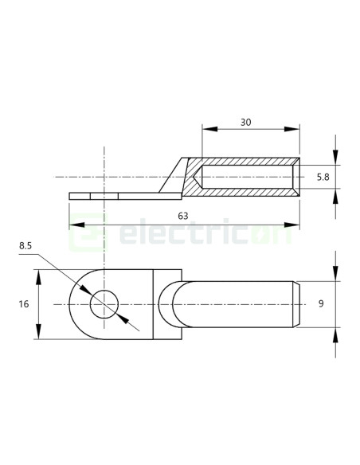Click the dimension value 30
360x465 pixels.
pos(245,123)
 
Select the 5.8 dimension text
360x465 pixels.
pos(323,177)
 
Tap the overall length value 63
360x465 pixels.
pos(183,216)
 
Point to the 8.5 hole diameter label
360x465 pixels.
pos(25,247)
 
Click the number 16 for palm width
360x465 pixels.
pos(23,304)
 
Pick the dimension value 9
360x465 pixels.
pos(322,303)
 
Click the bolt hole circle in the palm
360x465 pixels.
pos(104,304)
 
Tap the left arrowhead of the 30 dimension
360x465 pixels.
pos(206,130)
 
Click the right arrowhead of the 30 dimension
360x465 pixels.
pos(295,130)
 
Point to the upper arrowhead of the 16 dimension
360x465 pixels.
pos(38,273)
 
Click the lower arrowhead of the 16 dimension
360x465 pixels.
pos(38,335)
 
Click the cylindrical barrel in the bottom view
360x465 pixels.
pos(239,303)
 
